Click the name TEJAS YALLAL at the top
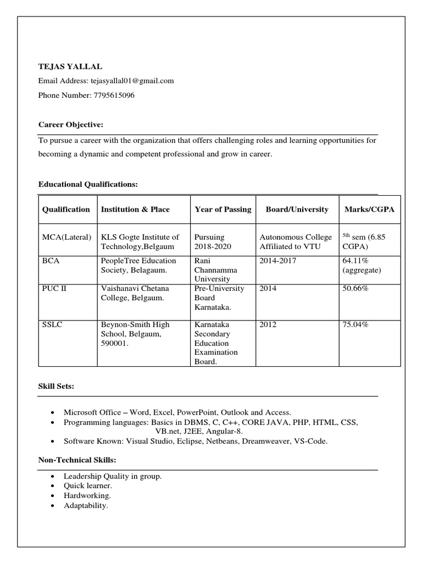pyautogui.click(x=70, y=67)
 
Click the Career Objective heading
pyautogui.click(x=70, y=124)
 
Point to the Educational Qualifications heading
pyautogui.click(x=87, y=184)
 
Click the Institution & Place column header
pyautogui.click(x=135, y=209)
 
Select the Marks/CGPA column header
pyautogui.click(x=369, y=209)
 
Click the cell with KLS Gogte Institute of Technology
pyautogui.click(x=140, y=242)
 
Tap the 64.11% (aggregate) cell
pyautogui.click(x=361, y=266)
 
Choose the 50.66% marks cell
pyautogui.click(x=355, y=288)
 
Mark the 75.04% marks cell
pyautogui.click(x=355, y=324)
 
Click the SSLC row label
pyautogui.click(x=53, y=324)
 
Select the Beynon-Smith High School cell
pyautogui.click(x=135, y=334)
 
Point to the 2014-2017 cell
pyautogui.click(x=277, y=261)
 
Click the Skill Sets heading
pyautogui.click(x=56, y=387)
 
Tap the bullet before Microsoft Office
pyautogui.click(x=52, y=412)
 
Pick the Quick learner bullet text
pyautogui.click(x=87, y=486)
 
